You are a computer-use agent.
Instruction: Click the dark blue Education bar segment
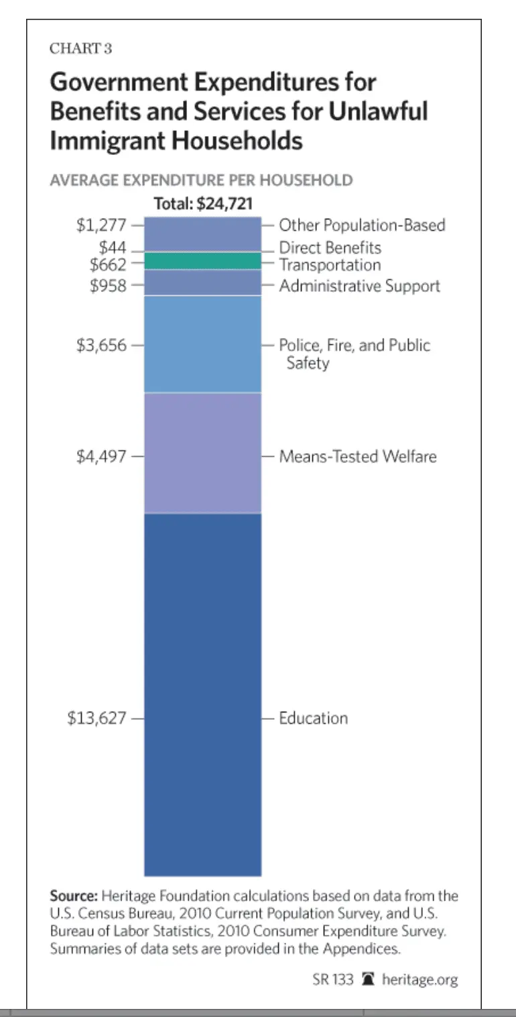[202, 694]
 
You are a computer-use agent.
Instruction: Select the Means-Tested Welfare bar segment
[202, 453]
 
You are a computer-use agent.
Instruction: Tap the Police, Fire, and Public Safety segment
[202, 343]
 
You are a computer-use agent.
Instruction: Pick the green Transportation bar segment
[202, 261]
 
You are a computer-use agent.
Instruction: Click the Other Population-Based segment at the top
[202, 233]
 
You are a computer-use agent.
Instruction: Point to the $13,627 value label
[96, 718]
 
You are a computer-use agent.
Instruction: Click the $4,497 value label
[101, 457]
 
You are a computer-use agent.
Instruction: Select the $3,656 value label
[101, 346]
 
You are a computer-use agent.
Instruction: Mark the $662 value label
[108, 264]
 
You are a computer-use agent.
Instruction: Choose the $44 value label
[113, 248]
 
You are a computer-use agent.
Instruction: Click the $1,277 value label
[101, 225]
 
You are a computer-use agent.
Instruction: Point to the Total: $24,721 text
[203, 204]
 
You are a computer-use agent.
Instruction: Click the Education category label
[313, 718]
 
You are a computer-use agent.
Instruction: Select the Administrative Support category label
[359, 286]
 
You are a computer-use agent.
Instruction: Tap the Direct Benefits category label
[330, 248]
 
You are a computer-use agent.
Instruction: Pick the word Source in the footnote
[73, 896]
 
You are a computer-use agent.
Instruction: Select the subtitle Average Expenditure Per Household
[201, 180]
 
